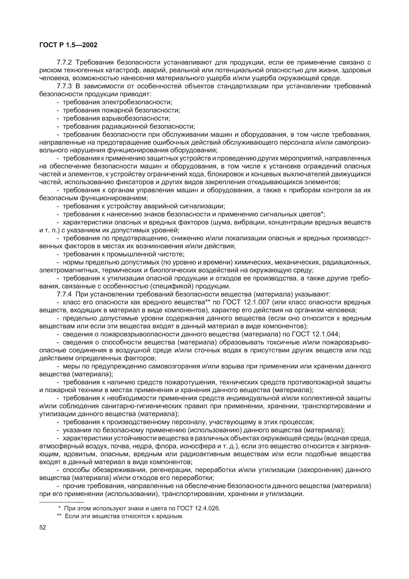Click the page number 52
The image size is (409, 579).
tap(43, 528)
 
